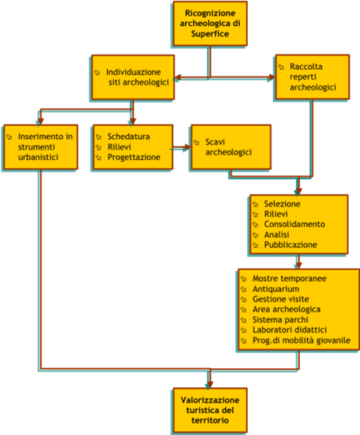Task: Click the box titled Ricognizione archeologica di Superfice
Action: click(x=210, y=23)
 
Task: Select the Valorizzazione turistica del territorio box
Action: click(x=210, y=410)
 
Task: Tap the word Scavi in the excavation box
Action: click(x=215, y=142)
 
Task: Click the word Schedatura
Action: click(x=129, y=137)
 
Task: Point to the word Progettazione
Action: click(x=134, y=157)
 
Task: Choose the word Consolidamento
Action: click(x=295, y=224)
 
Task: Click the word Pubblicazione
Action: click(x=290, y=244)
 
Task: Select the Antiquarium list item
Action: click(x=276, y=289)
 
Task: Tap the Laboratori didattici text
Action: click(x=290, y=330)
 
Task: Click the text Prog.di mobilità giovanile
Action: click(x=302, y=340)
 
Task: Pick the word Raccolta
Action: click(x=306, y=66)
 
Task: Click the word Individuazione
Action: click(x=133, y=72)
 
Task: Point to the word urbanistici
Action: click(x=38, y=157)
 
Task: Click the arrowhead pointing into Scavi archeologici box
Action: click(x=188, y=147)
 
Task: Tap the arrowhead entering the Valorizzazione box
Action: click(x=210, y=385)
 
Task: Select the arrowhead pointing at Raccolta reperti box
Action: click(x=272, y=77)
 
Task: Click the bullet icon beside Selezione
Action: click(x=256, y=204)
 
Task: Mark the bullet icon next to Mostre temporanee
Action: click(x=243, y=279)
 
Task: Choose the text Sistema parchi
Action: click(x=280, y=319)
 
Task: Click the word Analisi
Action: click(x=277, y=234)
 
